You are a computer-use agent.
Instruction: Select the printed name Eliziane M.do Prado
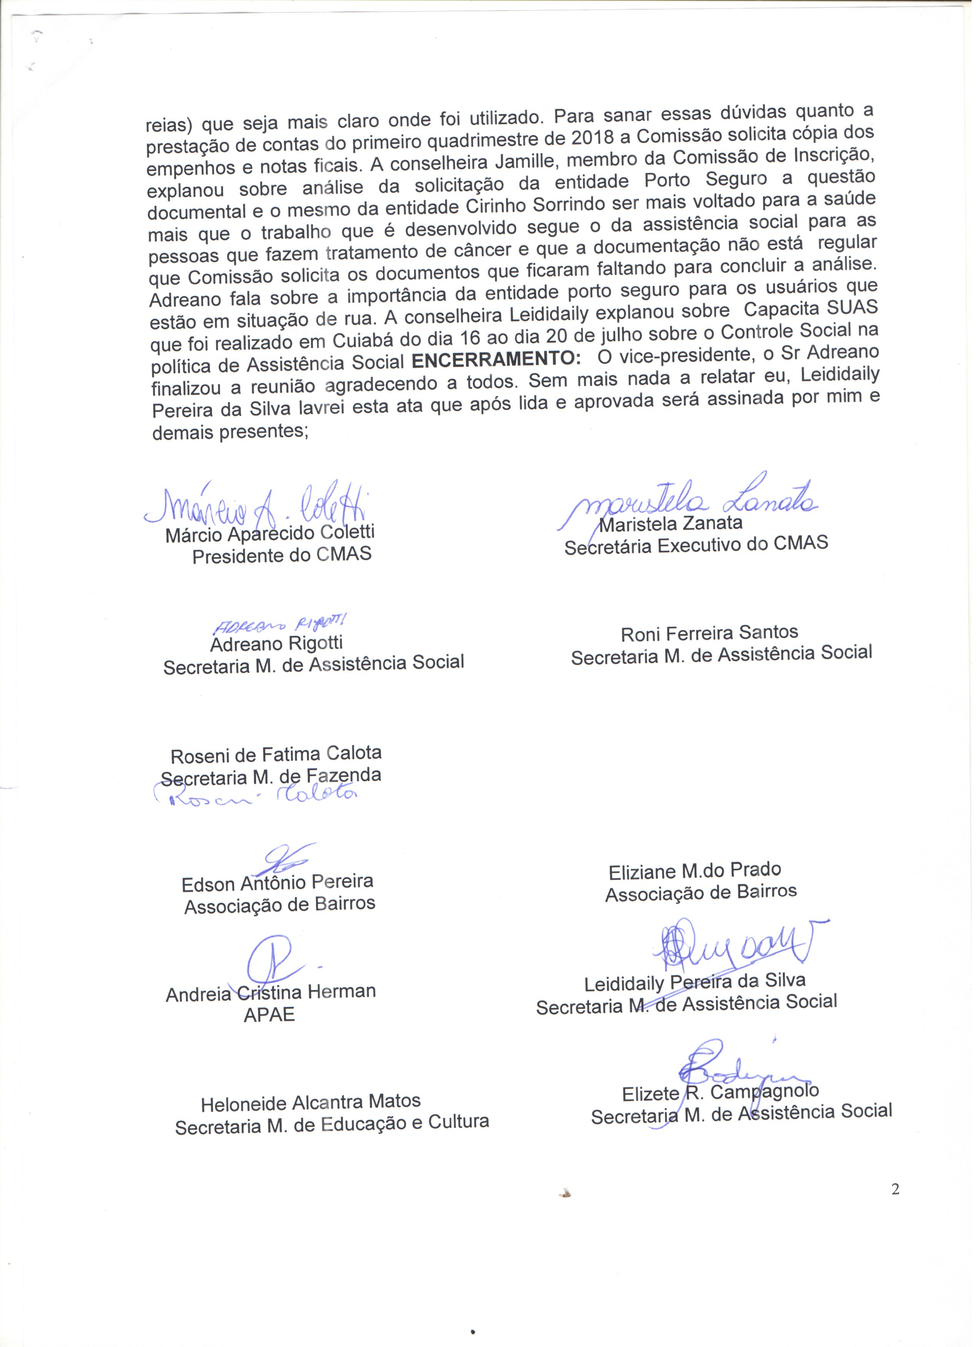coord(694,871)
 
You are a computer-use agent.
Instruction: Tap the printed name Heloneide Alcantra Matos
coord(311,1102)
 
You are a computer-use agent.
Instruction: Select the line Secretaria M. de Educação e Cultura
coord(331,1124)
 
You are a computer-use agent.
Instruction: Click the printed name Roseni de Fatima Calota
coord(276,755)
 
